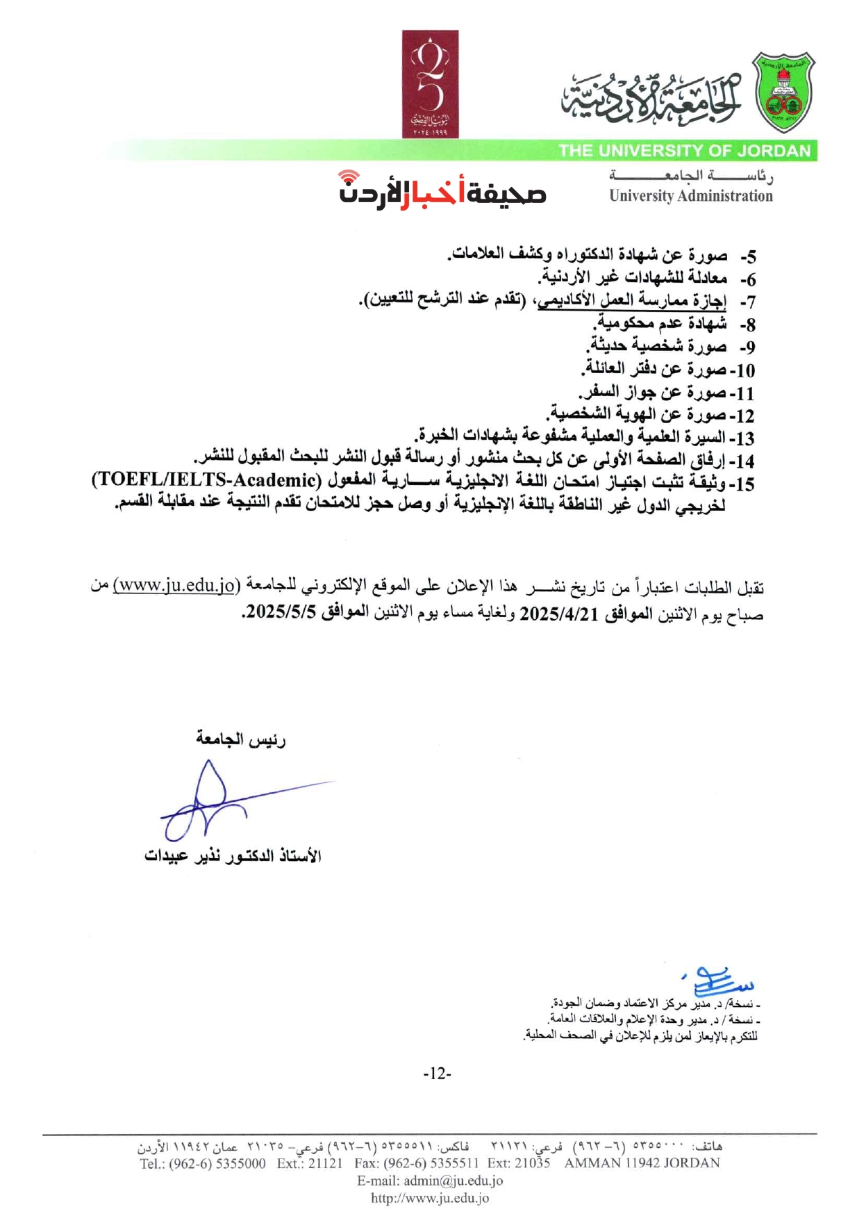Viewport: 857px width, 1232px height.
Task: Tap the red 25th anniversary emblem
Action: (430, 83)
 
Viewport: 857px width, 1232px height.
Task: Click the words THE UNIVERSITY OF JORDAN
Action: (684, 151)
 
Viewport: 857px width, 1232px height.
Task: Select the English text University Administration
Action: (690, 197)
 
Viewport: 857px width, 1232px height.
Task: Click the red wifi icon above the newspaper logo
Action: (349, 179)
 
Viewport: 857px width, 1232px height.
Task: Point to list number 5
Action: (747, 257)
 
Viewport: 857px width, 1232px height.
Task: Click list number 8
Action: (747, 325)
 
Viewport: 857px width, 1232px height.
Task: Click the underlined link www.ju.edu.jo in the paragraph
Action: (175, 585)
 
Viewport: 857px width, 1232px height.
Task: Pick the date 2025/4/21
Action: (552, 614)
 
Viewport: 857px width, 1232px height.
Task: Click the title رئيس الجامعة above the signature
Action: (241, 739)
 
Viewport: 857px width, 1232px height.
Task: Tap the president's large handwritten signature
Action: (208, 799)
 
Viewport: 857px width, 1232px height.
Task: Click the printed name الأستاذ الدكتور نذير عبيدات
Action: (233, 855)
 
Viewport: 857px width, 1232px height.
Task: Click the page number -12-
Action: (437, 1074)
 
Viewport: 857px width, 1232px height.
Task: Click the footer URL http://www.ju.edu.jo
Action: (430, 1197)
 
